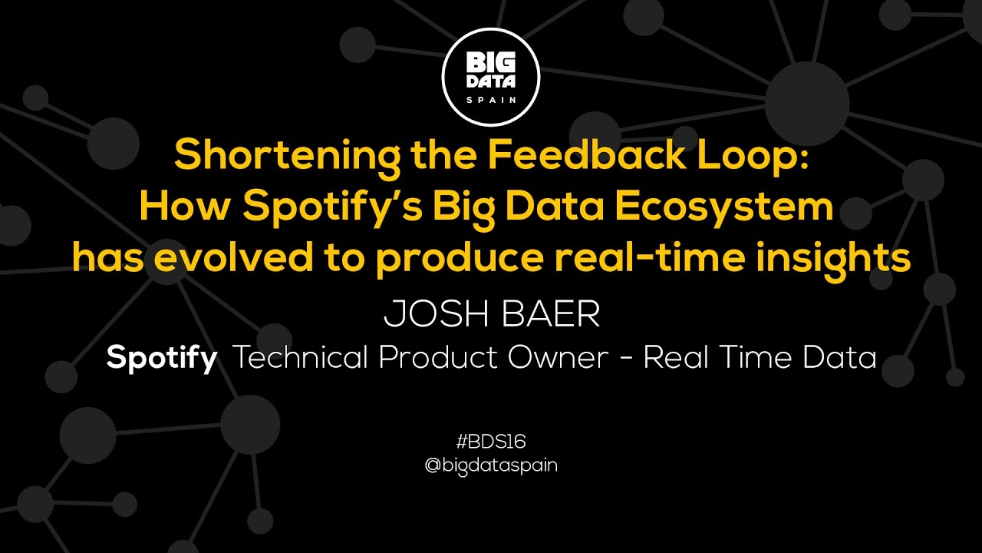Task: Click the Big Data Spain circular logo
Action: [491, 76]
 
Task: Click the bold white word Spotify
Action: [162, 358]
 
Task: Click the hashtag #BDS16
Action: [491, 441]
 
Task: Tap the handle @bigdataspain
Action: [491, 465]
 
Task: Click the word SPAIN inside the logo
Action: [491, 100]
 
